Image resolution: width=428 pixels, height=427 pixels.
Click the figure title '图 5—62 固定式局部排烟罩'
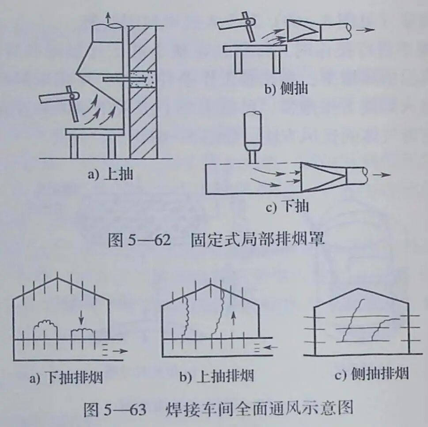(216, 240)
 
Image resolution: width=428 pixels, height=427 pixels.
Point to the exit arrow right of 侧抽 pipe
(365, 30)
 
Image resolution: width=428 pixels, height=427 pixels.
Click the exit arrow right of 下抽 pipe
(381, 174)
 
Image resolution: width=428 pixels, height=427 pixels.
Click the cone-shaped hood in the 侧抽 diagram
(303, 30)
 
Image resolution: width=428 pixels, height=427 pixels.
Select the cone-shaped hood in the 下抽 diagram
(322, 176)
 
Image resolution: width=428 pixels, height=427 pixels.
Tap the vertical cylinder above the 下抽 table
(253, 133)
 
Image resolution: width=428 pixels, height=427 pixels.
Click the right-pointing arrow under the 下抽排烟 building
(119, 351)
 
